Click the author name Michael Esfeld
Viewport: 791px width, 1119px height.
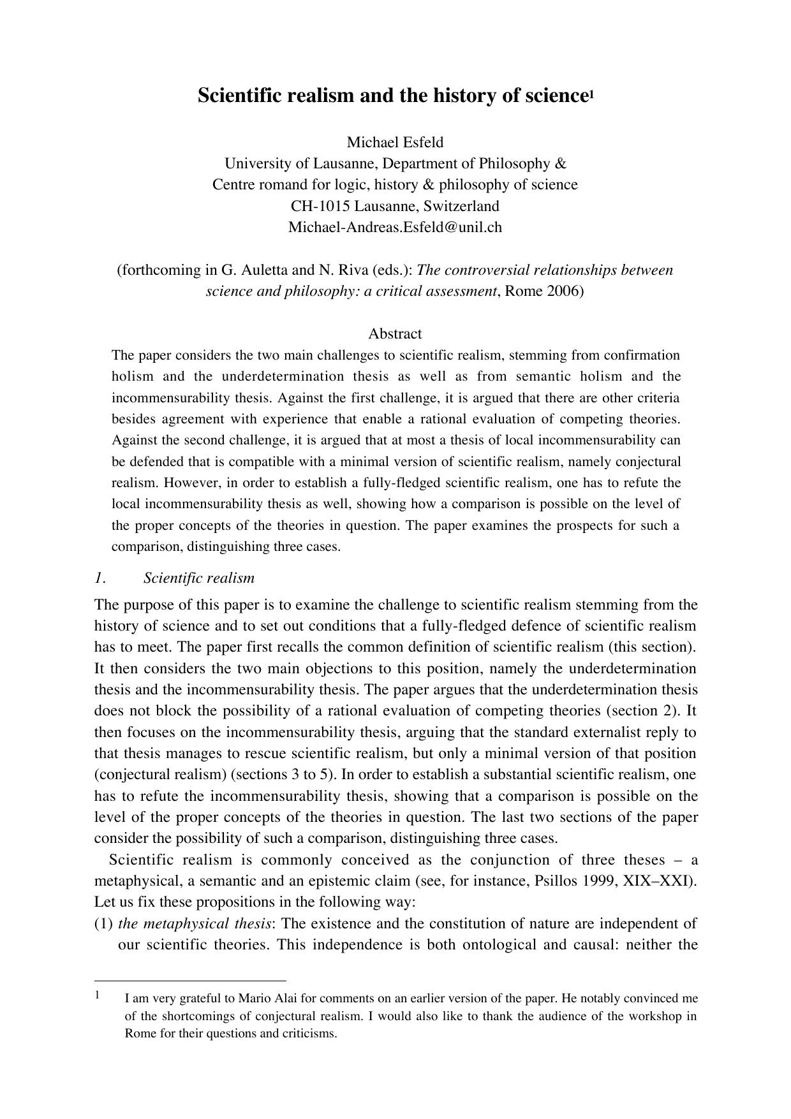pyautogui.click(x=395, y=142)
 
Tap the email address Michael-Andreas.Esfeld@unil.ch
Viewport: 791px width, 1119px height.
pyautogui.click(x=395, y=227)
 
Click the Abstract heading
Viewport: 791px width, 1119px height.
pyautogui.click(x=395, y=333)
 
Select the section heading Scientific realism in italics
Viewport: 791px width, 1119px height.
pyautogui.click(x=198, y=578)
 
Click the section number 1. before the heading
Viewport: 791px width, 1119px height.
pyautogui.click(x=100, y=578)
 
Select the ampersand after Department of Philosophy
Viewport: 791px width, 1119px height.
pyautogui.click(x=560, y=163)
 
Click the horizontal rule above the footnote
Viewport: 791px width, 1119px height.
pyautogui.click(x=190, y=981)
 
